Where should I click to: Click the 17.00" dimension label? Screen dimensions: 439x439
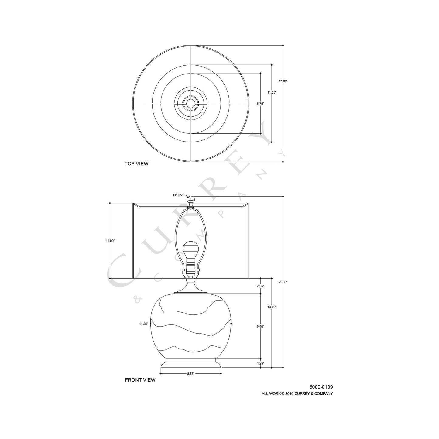[x=283, y=81]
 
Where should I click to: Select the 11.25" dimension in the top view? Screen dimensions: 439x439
[x=272, y=92]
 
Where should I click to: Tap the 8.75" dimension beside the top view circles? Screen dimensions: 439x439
[x=260, y=104]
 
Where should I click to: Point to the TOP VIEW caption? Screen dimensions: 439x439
[x=136, y=164]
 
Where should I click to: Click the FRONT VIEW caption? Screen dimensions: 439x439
[x=140, y=380]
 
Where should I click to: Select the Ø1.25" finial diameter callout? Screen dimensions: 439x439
[x=178, y=195]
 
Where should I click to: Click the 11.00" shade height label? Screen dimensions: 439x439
[x=110, y=241]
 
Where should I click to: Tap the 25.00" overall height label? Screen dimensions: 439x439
[x=283, y=282]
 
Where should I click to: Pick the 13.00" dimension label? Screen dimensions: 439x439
[x=272, y=307]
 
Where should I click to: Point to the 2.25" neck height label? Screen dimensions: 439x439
[x=260, y=286]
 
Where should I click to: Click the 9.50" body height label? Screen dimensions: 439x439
[x=260, y=327]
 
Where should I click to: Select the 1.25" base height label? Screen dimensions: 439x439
[x=260, y=363]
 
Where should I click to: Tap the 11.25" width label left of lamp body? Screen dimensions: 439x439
[x=143, y=324]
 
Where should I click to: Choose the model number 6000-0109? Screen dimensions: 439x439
[x=321, y=387]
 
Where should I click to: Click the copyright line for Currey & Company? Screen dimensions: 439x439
[x=297, y=393]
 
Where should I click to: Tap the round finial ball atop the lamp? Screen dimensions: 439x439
[x=191, y=200]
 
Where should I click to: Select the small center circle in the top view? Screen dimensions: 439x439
[x=191, y=103]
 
